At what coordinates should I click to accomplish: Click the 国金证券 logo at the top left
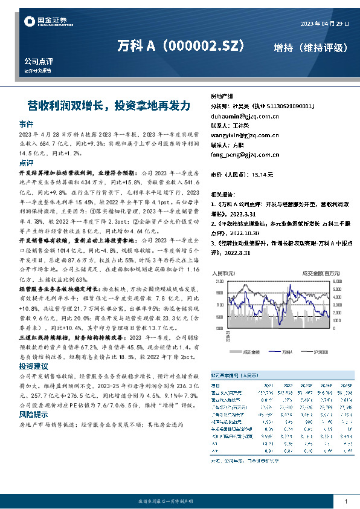[45, 22]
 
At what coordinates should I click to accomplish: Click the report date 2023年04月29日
[324, 24]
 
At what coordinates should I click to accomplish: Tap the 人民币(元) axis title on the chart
[222, 274]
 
